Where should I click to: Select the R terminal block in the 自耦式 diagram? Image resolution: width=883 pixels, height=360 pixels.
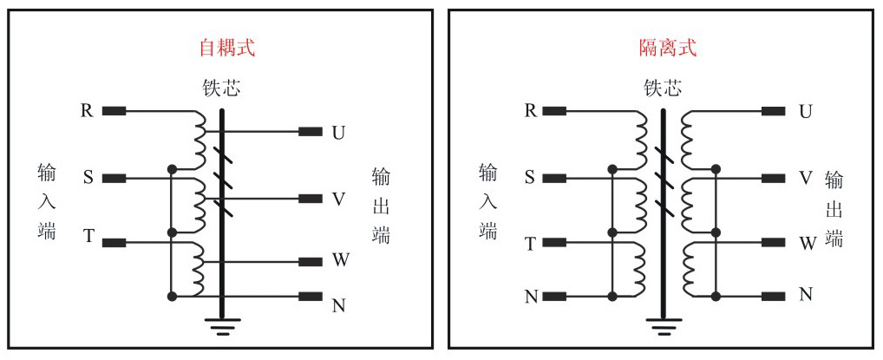[114, 111]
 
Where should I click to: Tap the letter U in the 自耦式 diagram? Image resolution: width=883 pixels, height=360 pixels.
[339, 133]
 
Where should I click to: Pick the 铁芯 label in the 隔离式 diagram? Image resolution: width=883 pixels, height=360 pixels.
[662, 88]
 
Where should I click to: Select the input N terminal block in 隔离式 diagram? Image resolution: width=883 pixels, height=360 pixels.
[555, 297]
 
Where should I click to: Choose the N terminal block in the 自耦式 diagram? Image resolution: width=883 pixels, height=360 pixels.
[310, 297]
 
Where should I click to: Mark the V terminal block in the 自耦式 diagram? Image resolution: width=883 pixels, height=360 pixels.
[310, 199]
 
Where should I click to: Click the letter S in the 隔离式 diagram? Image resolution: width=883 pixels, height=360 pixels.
[529, 178]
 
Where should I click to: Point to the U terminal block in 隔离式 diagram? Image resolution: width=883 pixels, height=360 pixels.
[773, 111]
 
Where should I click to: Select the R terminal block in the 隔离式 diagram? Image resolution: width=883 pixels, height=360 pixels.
[555, 111]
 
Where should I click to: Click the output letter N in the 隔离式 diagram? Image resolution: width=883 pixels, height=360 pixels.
[806, 295]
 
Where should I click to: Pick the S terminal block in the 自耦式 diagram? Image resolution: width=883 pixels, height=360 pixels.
[114, 179]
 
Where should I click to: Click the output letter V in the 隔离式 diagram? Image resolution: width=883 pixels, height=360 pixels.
[806, 178]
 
